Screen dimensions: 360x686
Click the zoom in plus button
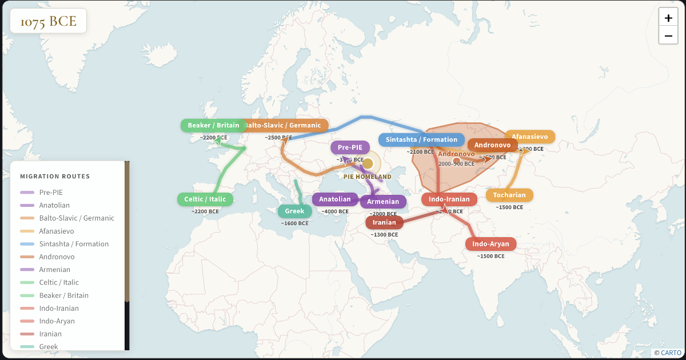pyautogui.click(x=668, y=18)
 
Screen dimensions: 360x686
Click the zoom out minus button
pyautogui.click(x=668, y=36)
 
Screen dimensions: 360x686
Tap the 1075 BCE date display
pyautogui.click(x=49, y=22)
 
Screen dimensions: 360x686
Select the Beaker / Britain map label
pyautogui.click(x=213, y=125)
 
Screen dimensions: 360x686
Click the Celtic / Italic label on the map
pyautogui.click(x=205, y=199)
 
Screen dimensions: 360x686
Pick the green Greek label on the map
pyautogui.click(x=294, y=211)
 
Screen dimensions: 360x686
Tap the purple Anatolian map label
pyautogui.click(x=334, y=199)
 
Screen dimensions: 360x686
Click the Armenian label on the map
pyautogui.click(x=383, y=202)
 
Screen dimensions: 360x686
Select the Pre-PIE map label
pyautogui.click(x=350, y=147)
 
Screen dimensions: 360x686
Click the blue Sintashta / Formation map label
pyautogui.click(x=421, y=139)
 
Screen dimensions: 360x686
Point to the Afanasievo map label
pyautogui.click(x=529, y=137)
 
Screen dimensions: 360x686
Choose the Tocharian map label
pyautogui.click(x=509, y=195)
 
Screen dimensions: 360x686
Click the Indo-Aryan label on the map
pyautogui.click(x=490, y=244)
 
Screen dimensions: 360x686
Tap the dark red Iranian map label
pyautogui.click(x=384, y=222)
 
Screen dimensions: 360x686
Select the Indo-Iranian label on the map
pyautogui.click(x=449, y=199)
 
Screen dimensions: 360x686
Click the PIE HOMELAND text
pyautogui.click(x=368, y=177)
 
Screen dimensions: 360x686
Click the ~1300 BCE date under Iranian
pyautogui.click(x=384, y=235)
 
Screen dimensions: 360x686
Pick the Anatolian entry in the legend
pyautogui.click(x=54, y=205)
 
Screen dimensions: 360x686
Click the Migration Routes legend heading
pyautogui.click(x=55, y=176)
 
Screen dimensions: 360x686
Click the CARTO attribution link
pyautogui.click(x=668, y=353)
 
